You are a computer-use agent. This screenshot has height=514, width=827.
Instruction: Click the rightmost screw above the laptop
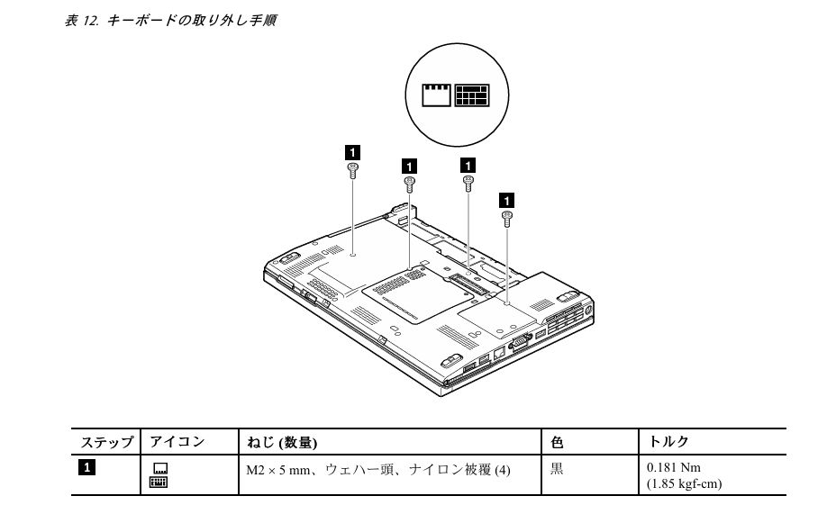[507, 217]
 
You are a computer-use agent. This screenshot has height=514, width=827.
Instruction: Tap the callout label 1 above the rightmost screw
[507, 198]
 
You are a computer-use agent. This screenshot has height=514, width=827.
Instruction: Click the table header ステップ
[107, 442]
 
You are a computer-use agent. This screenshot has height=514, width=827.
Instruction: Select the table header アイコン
[177, 442]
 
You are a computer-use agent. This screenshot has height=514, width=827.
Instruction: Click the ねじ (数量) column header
[282, 442]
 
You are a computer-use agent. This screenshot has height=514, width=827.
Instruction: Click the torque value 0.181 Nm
[674, 468]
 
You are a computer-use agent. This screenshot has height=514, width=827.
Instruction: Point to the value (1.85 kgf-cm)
[684, 483]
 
